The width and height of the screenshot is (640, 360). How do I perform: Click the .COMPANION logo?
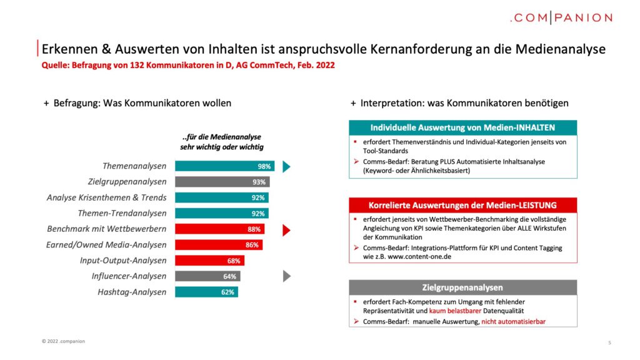pyautogui.click(x=561, y=18)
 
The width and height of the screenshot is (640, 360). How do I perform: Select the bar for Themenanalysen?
pyautogui.click(x=225, y=166)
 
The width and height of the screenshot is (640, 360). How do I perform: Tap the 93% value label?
pyautogui.click(x=259, y=182)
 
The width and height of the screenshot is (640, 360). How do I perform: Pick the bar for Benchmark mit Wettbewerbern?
pyautogui.click(x=219, y=229)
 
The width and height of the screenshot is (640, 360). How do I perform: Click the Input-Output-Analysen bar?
pyautogui.click(x=210, y=261)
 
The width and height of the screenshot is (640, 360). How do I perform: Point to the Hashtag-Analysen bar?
pyautogui.click(x=206, y=292)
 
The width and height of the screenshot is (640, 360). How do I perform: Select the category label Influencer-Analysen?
pyautogui.click(x=129, y=276)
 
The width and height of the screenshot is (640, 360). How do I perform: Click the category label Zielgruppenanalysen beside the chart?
pyautogui.click(x=127, y=182)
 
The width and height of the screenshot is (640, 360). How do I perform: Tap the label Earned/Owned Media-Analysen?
pyautogui.click(x=106, y=245)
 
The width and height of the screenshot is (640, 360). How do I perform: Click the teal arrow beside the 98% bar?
pyautogui.click(x=286, y=166)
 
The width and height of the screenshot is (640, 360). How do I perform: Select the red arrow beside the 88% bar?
pyautogui.click(x=286, y=230)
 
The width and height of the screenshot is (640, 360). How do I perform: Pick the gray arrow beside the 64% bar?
pyautogui.click(x=287, y=276)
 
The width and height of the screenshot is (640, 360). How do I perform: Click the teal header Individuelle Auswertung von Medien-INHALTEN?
pyautogui.click(x=463, y=127)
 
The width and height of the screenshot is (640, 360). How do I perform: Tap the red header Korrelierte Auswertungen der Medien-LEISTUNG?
pyautogui.click(x=463, y=205)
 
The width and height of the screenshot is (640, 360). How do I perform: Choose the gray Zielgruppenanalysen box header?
pyautogui.click(x=463, y=287)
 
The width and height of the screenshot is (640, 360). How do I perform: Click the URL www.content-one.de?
pyautogui.click(x=419, y=257)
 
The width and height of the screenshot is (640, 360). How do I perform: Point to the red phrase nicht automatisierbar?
pyautogui.click(x=514, y=322)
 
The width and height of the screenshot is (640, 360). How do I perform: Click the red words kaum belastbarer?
pyautogui.click(x=455, y=311)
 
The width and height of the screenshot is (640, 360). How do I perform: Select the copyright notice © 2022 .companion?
pyautogui.click(x=63, y=341)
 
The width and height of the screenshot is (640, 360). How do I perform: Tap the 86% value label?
pyautogui.click(x=252, y=245)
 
